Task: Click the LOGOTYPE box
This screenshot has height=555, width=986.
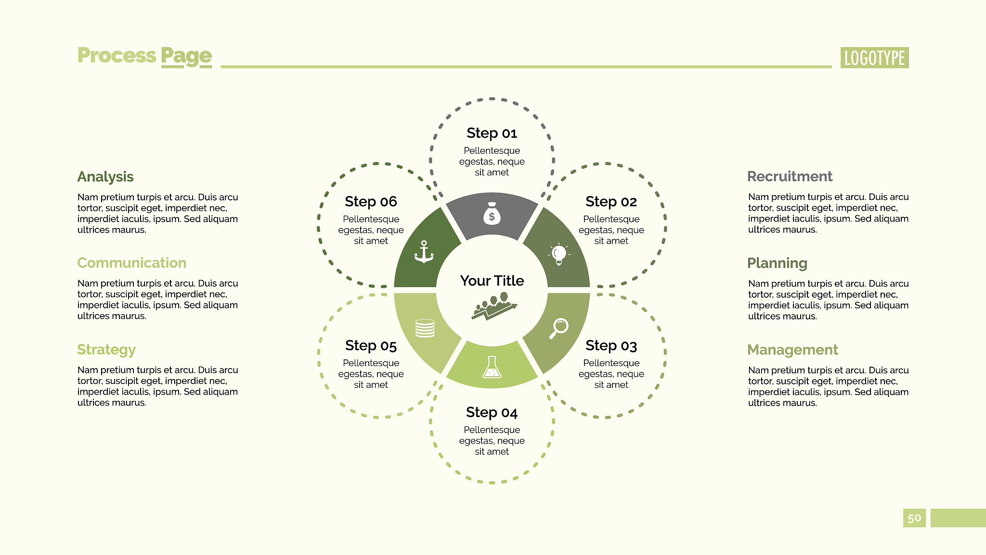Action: (874, 58)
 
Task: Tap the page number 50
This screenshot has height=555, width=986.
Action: (914, 518)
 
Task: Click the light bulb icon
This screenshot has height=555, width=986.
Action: (559, 253)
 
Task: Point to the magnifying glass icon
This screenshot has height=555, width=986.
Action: (559, 328)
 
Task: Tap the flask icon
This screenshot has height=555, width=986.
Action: (492, 367)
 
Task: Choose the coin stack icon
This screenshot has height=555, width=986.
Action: (425, 328)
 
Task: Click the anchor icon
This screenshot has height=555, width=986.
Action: (424, 252)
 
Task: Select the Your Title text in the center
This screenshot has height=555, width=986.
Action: (492, 280)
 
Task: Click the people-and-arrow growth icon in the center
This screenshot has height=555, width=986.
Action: (494, 306)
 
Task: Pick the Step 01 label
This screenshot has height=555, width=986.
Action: (492, 133)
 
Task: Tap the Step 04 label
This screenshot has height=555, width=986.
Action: (492, 412)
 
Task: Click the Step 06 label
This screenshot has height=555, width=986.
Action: (371, 201)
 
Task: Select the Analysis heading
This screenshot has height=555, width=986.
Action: (105, 177)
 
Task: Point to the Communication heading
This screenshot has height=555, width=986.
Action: (131, 263)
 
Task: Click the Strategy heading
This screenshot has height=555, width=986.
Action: (106, 350)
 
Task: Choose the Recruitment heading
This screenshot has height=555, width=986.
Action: (790, 176)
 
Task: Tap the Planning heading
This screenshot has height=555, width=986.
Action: (777, 264)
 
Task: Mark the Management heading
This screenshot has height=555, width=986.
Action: (792, 350)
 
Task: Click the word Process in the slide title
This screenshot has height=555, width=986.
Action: (117, 55)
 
